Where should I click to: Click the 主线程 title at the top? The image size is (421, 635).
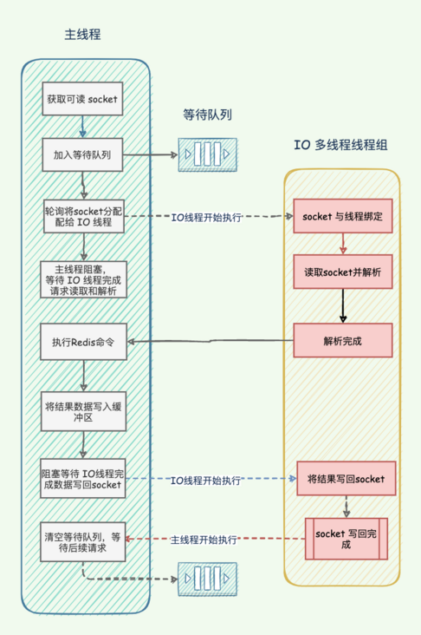(x=83, y=36)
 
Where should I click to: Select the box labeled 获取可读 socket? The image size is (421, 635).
(x=82, y=100)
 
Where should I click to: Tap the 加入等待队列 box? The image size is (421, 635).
(x=82, y=157)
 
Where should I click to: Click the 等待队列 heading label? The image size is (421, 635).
(x=207, y=115)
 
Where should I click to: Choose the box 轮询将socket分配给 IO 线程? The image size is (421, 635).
(x=84, y=217)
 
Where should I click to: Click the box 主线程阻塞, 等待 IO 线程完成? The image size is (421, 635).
(x=84, y=280)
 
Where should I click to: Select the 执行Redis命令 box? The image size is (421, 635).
(x=84, y=341)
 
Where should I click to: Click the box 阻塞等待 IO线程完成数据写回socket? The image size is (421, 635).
(x=84, y=479)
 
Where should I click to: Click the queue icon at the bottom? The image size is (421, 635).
(x=207, y=577)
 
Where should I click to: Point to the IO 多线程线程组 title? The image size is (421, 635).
(x=340, y=145)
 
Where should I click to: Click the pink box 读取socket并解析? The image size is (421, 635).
(x=342, y=272)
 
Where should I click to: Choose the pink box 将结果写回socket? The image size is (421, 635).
(x=346, y=478)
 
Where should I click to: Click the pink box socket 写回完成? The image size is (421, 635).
(x=346, y=539)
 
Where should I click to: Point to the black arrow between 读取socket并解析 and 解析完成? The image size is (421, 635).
(x=342, y=306)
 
